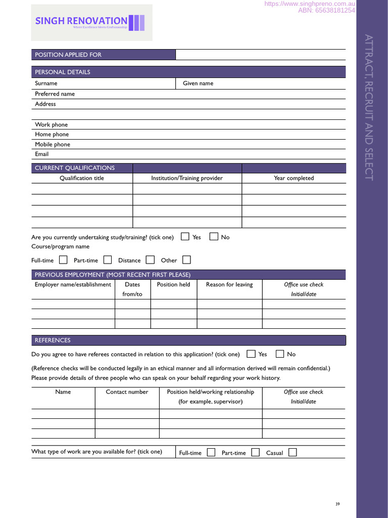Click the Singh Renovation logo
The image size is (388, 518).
[91, 23]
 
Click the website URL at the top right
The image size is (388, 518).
[310, 4]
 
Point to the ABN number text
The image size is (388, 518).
[326, 10]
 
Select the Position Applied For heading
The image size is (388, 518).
[68, 55]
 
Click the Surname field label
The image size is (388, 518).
[46, 83]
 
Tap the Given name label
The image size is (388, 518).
[198, 83]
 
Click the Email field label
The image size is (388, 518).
[41, 154]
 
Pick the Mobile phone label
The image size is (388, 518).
[53, 144]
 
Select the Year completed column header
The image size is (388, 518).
[294, 178]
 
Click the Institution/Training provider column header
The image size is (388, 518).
[187, 178]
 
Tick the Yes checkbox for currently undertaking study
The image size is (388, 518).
[185, 236]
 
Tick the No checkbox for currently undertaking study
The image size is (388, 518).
[214, 236]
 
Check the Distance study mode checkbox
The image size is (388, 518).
[150, 260]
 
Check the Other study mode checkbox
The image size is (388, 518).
[186, 260]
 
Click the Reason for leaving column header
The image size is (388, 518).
[229, 285]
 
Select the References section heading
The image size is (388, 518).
[53, 340]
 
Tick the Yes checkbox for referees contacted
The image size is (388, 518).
[251, 354]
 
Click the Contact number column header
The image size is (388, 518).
[127, 392]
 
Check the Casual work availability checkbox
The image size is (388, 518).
[293, 452]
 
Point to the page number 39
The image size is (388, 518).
[337, 504]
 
